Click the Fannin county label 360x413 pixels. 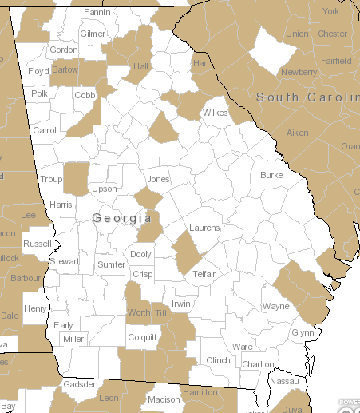[97, 13]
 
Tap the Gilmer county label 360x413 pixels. [93, 34]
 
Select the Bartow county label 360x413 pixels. [65, 70]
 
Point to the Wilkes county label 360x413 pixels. [215, 113]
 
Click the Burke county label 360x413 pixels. [271, 174]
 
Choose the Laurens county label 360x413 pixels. [204, 228]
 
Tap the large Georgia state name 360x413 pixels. [122, 217]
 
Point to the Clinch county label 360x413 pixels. [218, 360]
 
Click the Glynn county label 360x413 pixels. [303, 332]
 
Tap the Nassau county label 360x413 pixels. [283, 382]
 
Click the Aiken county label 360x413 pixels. [297, 132]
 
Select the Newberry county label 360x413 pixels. [299, 72]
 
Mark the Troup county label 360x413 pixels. [51, 180]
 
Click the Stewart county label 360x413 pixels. [65, 261]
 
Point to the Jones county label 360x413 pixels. [159, 179]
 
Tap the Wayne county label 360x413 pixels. [276, 306]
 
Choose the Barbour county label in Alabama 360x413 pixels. [25, 279]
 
